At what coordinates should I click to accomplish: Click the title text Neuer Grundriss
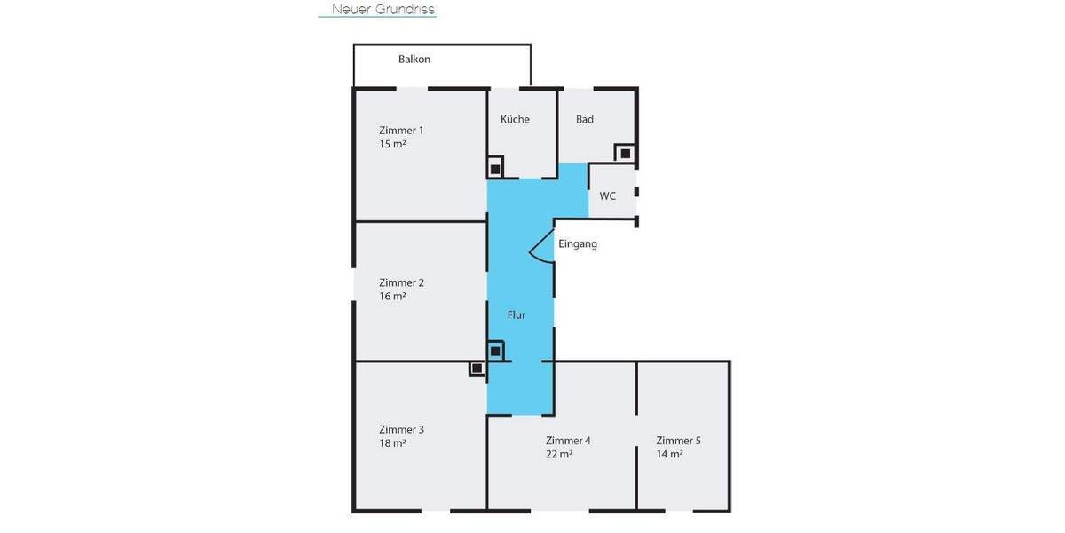(383, 10)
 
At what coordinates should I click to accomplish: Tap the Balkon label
(414, 60)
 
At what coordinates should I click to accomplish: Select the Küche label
(515, 119)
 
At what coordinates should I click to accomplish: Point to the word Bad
(585, 119)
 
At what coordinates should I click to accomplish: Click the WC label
(608, 195)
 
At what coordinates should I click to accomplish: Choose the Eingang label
(578, 243)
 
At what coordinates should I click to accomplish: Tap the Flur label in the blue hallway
(517, 314)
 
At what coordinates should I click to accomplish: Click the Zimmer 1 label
(401, 130)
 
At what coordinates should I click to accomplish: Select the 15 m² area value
(392, 144)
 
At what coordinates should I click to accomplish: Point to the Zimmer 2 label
(401, 282)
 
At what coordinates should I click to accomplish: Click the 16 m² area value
(392, 297)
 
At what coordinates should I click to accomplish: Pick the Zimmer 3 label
(401, 429)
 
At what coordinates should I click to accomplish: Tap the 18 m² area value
(392, 443)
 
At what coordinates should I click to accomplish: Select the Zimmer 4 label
(568, 440)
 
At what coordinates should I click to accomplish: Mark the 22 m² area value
(559, 454)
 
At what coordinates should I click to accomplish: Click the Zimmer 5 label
(679, 440)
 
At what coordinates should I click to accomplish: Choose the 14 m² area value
(670, 454)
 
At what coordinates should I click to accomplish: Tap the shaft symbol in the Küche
(495, 167)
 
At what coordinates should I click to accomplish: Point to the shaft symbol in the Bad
(626, 153)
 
